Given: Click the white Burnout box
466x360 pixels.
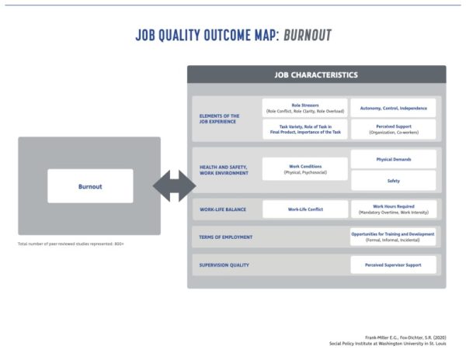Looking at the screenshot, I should (90, 186).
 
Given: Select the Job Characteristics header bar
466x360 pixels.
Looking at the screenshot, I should (316, 75).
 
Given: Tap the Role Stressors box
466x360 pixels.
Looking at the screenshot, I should (305, 107).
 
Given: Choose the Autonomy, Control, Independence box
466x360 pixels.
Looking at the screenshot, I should (392, 107).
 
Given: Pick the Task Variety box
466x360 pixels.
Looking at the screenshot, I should (305, 129).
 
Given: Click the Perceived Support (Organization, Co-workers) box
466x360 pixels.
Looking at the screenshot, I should (392, 129).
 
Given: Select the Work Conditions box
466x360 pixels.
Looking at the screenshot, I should (305, 169).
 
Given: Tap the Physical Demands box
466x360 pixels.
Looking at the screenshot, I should (392, 159).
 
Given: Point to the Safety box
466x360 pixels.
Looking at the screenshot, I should (392, 181).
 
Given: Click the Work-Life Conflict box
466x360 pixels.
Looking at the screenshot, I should (305, 209).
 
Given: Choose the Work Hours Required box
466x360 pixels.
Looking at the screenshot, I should (392, 209).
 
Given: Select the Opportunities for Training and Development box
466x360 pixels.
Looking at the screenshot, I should (392, 236).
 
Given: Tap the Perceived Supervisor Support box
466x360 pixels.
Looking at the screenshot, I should (392, 265).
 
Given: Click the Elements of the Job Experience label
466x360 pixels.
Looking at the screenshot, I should (220, 118).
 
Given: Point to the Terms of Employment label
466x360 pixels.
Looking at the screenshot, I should (226, 237).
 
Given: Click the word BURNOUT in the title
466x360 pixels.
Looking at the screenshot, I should (307, 36).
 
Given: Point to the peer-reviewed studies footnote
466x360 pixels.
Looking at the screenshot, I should (71, 244).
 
